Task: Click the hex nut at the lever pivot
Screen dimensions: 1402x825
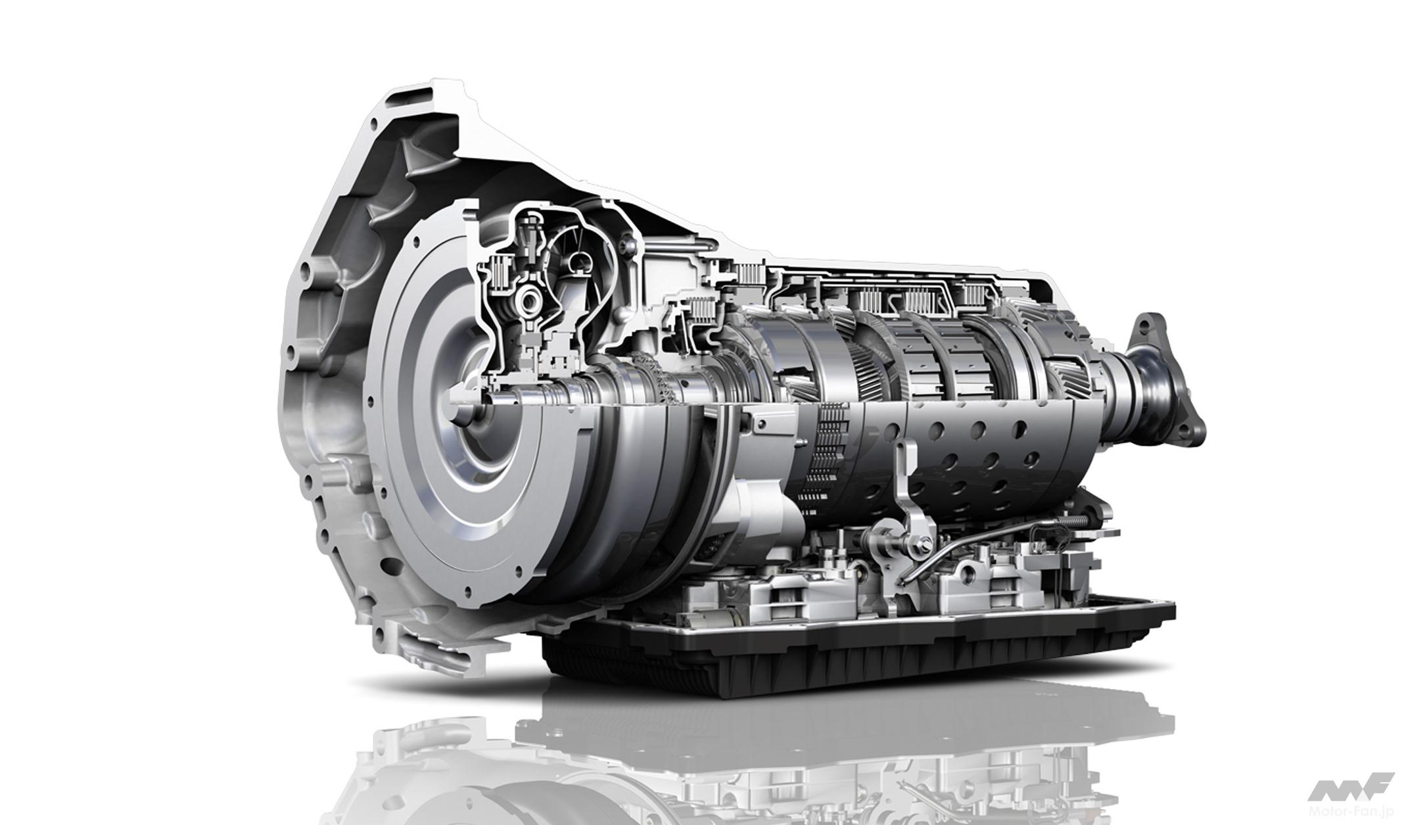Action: (927, 563)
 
